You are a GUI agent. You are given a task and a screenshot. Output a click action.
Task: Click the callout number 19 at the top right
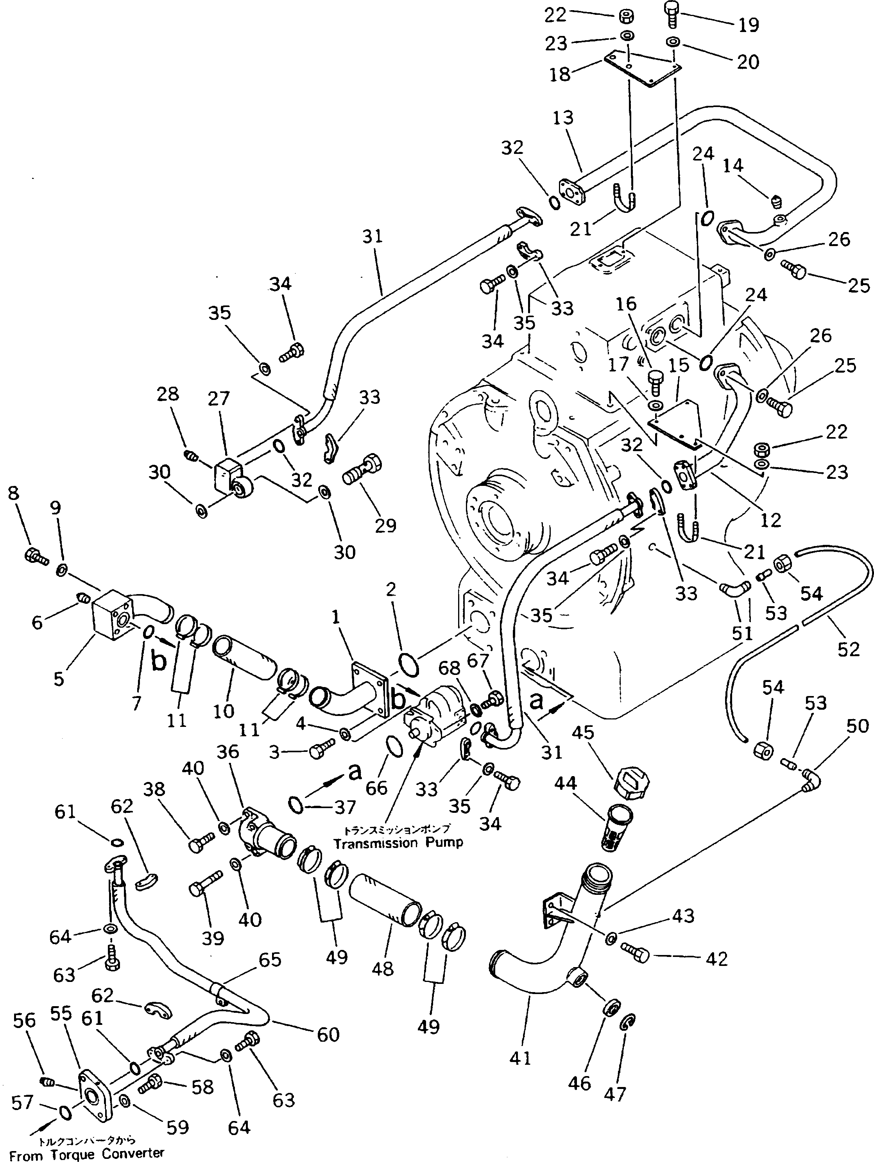tap(749, 25)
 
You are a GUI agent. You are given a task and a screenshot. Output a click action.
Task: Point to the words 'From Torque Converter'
tap(87, 1154)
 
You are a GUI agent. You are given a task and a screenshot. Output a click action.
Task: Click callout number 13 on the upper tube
tap(563, 118)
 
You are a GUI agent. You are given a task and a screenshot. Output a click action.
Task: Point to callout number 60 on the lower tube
tap(328, 1034)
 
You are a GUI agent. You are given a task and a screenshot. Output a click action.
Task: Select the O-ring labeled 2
tap(409, 665)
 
